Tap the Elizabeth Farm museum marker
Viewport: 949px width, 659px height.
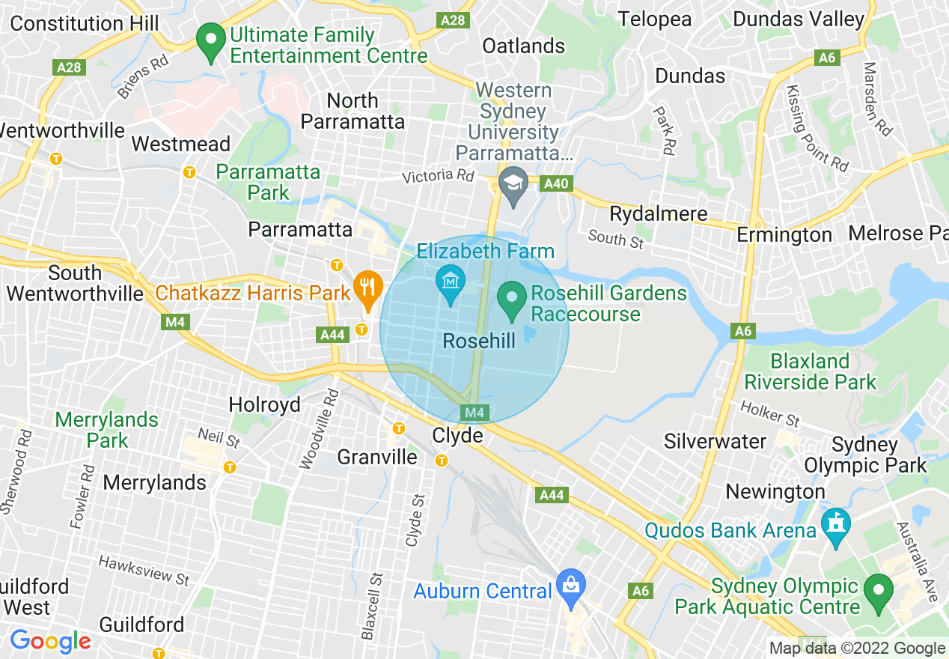pos(451,282)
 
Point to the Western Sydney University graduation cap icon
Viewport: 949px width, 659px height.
pos(513,184)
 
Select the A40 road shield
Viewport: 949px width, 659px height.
pos(557,183)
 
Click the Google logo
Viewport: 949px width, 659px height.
pos(50,642)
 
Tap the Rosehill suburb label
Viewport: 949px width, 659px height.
pos(479,341)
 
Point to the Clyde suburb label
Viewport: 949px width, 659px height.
pos(457,435)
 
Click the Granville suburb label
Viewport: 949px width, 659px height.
pos(377,457)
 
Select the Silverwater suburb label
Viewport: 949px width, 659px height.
pos(715,441)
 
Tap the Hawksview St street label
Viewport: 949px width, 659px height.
pos(144,569)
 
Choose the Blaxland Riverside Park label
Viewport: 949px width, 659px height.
pos(810,371)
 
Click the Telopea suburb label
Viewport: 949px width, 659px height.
pos(654,19)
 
